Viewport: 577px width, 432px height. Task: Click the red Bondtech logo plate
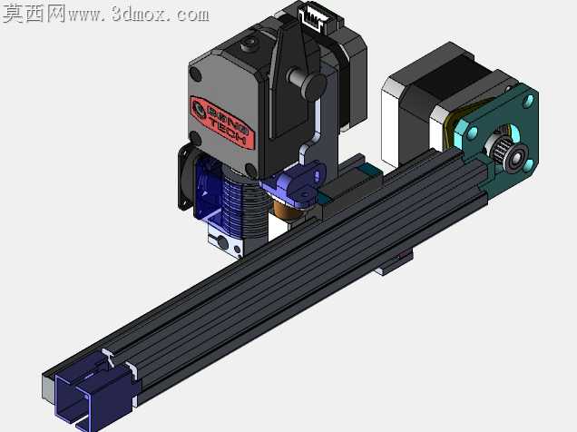pyautogui.click(x=222, y=123)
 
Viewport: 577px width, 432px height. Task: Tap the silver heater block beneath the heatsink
pyautogui.click(x=225, y=242)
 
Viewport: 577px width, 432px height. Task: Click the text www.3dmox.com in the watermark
pyautogui.click(x=139, y=15)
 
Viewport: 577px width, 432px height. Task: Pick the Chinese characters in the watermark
pyautogui.click(x=34, y=14)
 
